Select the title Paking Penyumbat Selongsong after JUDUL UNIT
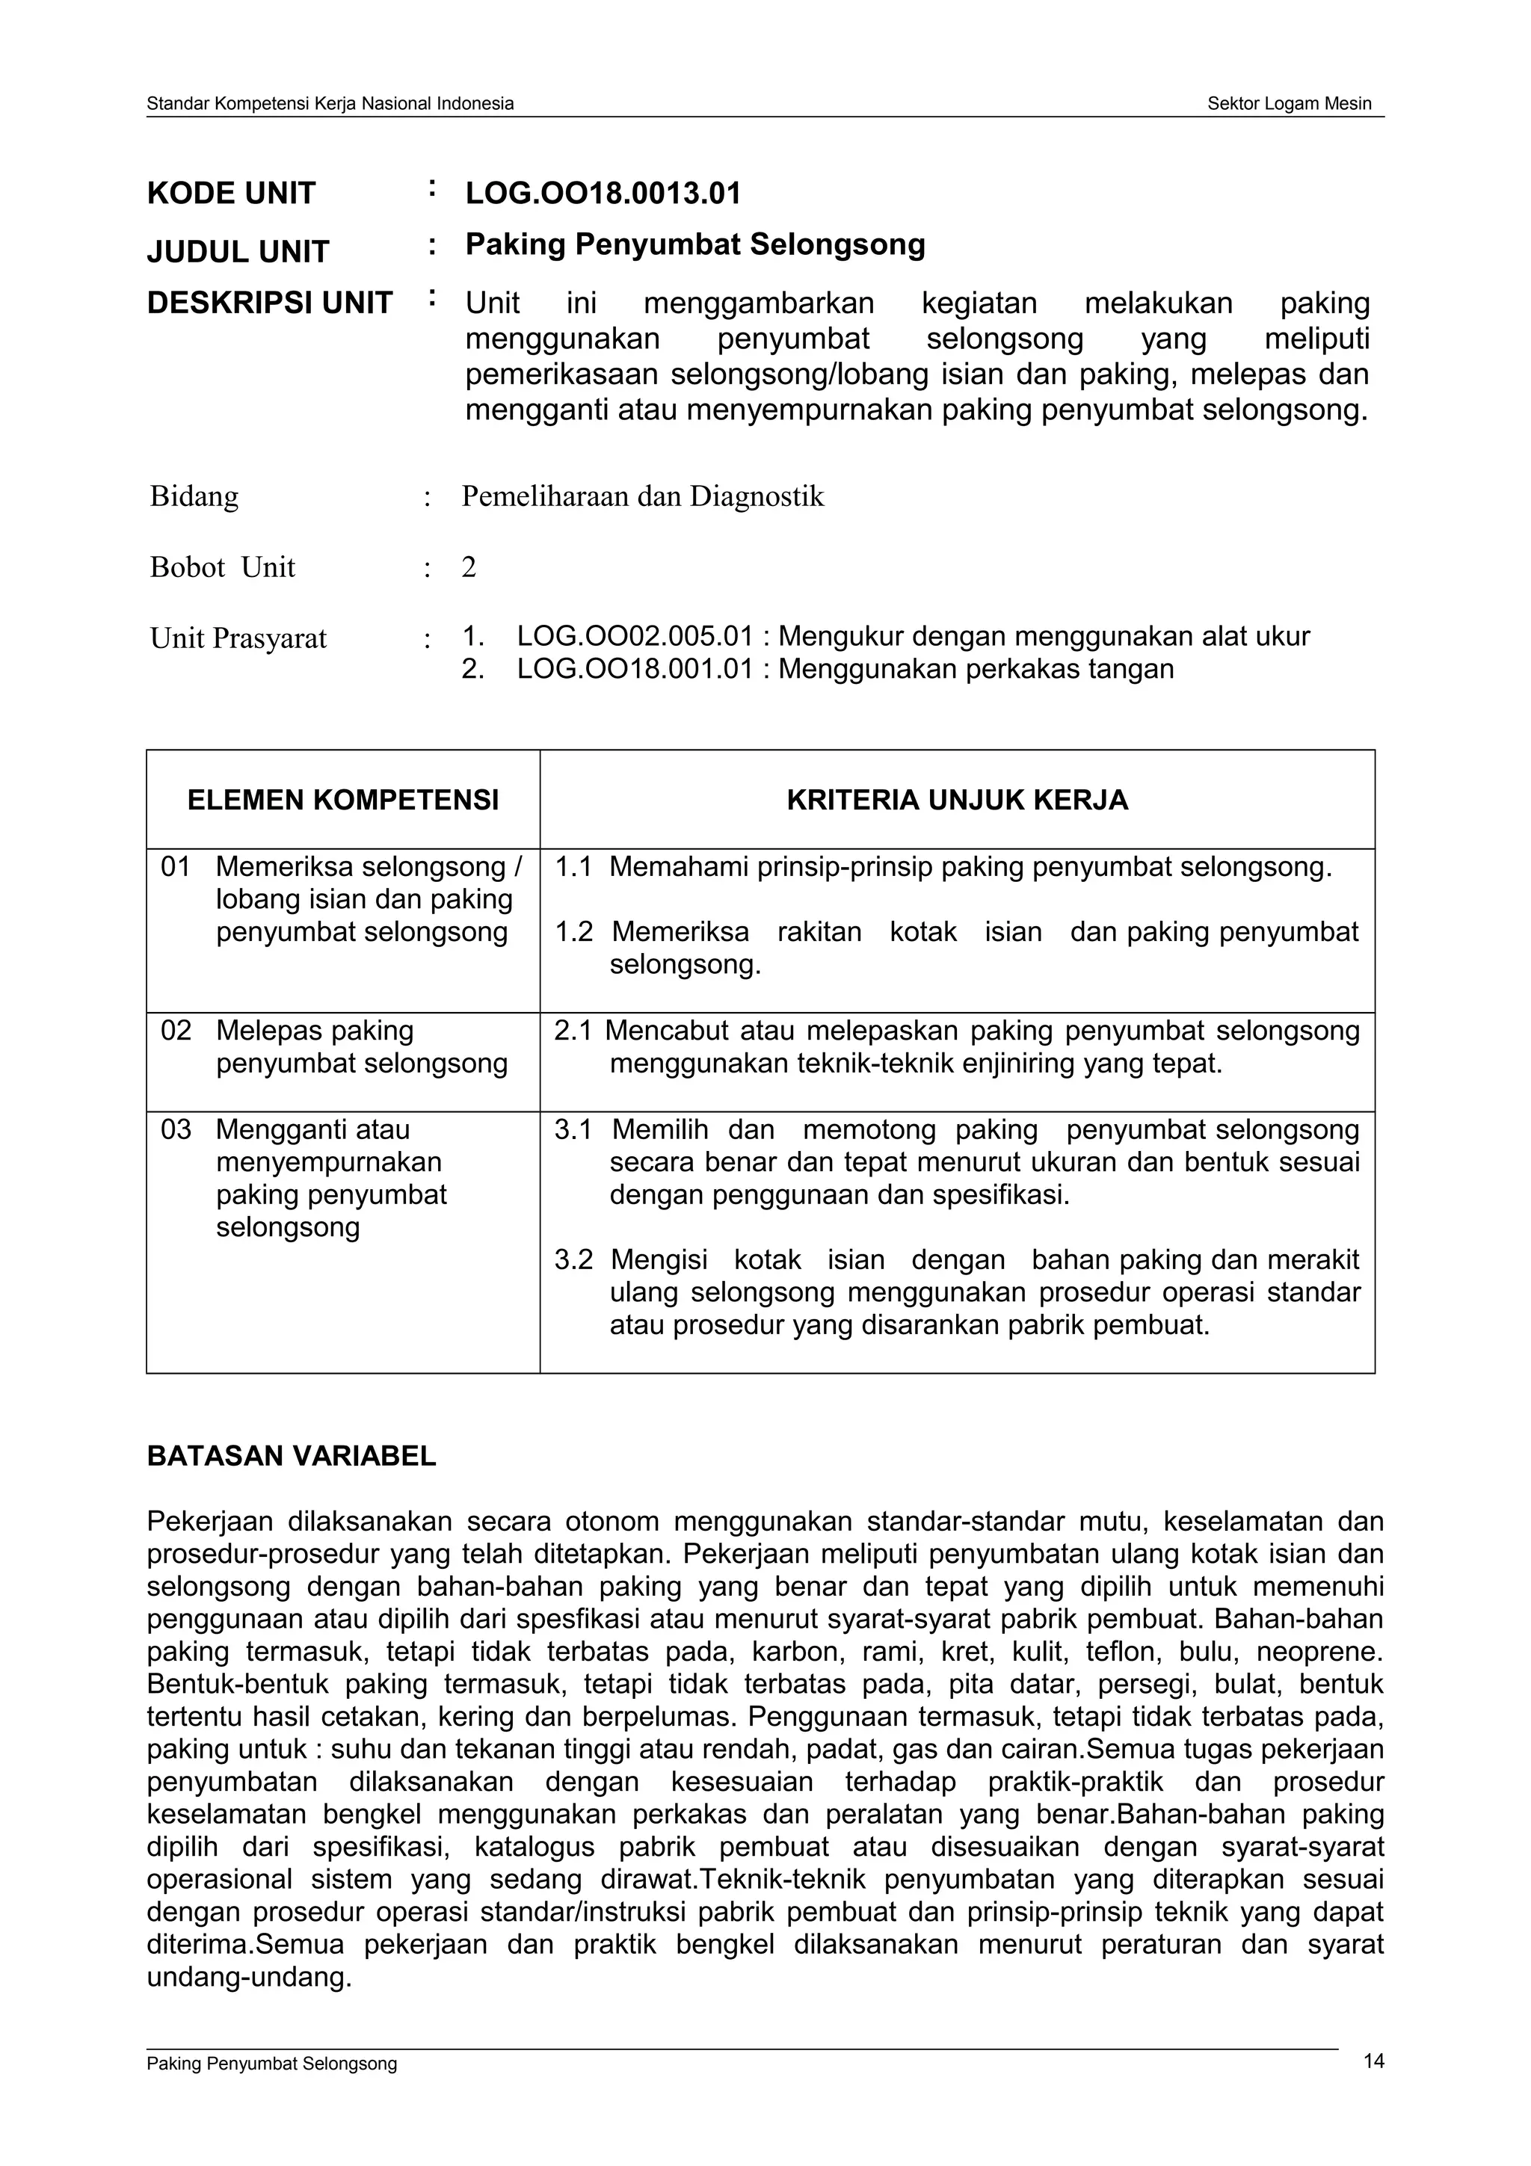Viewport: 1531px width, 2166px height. coord(695,244)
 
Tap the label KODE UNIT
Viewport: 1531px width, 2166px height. coord(231,194)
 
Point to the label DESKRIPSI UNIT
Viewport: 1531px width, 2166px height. coord(270,303)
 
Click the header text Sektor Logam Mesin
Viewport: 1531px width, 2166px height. coord(1289,104)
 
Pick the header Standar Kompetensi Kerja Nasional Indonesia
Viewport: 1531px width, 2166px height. coord(330,104)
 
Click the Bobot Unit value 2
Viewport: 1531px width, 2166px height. coord(469,567)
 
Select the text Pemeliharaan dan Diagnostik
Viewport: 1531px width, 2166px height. coord(642,496)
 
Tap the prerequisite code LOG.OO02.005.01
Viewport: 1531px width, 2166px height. coord(635,637)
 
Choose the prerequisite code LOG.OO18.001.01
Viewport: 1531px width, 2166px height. coord(635,669)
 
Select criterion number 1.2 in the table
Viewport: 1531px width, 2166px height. coord(573,932)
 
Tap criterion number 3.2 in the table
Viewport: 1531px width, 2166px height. coord(573,1259)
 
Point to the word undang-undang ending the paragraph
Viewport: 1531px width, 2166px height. coord(249,1976)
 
